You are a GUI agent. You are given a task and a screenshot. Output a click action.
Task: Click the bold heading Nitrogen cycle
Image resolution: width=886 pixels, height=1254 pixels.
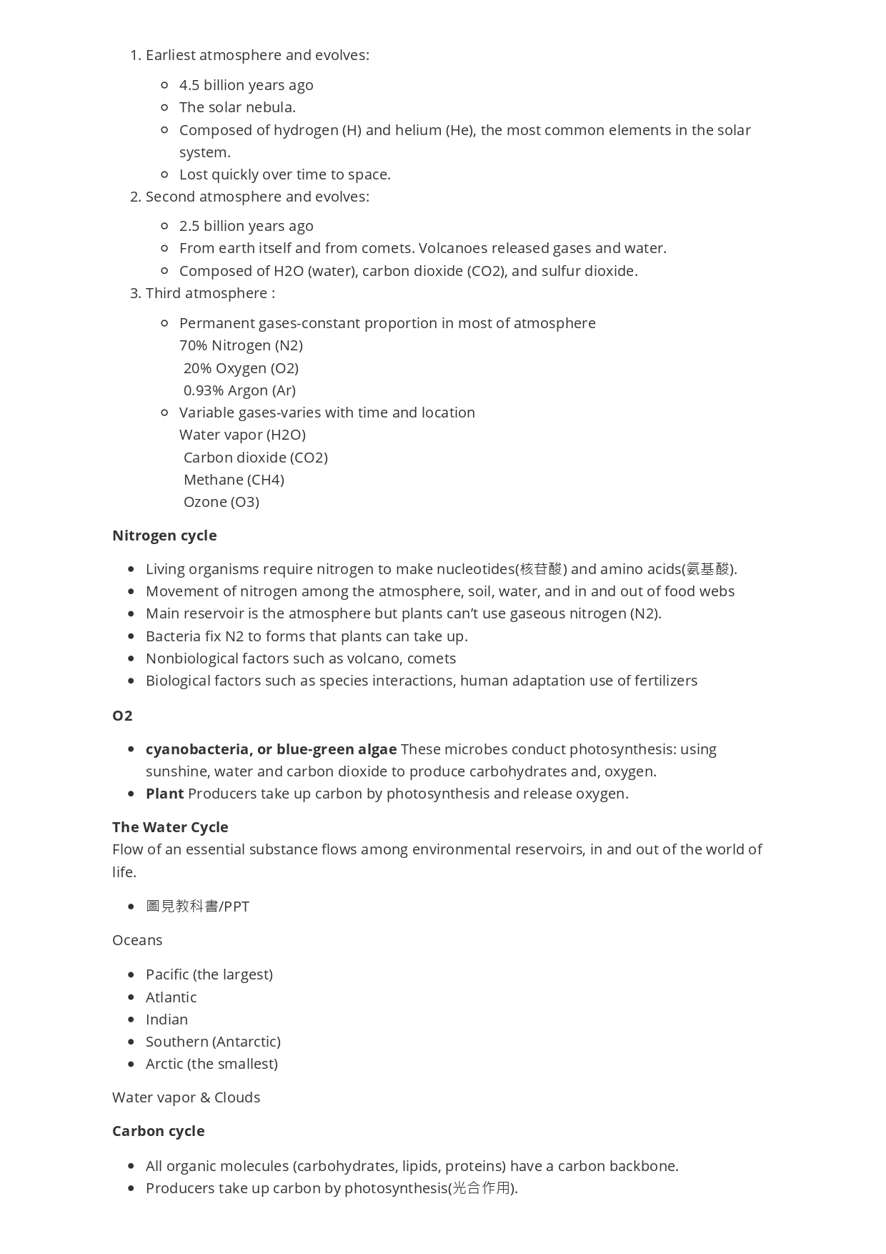click(x=164, y=535)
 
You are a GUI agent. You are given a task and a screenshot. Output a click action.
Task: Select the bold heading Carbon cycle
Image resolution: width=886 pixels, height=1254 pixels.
click(x=159, y=1131)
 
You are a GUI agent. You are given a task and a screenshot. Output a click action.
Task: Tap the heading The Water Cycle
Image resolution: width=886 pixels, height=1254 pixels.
click(x=170, y=827)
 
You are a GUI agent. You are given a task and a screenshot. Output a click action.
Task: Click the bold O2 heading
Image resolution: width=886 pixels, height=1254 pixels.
click(x=122, y=716)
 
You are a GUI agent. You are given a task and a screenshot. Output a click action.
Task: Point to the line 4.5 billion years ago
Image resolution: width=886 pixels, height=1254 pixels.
click(x=246, y=85)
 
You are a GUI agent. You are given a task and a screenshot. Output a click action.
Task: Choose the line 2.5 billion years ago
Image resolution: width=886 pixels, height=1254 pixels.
click(x=246, y=226)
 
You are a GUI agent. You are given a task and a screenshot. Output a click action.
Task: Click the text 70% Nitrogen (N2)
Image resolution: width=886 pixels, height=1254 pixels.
click(x=241, y=345)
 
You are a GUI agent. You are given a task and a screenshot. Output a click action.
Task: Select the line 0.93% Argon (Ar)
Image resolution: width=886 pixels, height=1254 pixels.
click(x=239, y=390)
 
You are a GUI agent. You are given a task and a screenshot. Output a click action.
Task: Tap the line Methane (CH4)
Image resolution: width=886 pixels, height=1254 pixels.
click(x=234, y=480)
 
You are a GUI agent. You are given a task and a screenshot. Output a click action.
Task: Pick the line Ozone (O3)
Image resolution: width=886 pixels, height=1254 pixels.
click(x=221, y=502)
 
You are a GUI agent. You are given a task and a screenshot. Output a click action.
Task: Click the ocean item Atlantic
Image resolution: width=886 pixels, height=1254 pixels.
click(x=171, y=997)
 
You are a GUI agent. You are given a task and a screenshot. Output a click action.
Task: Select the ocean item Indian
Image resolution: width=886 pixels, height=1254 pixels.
click(x=166, y=1020)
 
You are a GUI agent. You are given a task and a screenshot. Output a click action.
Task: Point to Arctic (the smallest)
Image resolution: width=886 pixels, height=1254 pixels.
click(x=211, y=1064)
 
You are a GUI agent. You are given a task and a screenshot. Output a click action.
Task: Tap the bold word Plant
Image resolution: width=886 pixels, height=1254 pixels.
click(x=165, y=794)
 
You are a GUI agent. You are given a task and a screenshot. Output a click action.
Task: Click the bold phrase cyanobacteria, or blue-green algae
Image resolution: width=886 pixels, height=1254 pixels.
click(x=271, y=749)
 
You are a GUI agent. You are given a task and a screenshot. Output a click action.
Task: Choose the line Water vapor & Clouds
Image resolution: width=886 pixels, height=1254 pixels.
click(x=186, y=1097)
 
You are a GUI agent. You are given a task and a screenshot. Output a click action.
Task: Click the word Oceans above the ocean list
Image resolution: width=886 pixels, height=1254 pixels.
click(x=137, y=940)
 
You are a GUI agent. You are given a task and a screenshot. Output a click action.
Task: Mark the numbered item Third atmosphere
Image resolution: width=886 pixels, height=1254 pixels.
click(x=209, y=293)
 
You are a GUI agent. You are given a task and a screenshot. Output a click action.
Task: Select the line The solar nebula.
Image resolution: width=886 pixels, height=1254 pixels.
click(x=237, y=107)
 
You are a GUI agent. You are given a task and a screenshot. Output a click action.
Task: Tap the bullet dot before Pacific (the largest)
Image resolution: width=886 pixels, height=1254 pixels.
click(x=131, y=974)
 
